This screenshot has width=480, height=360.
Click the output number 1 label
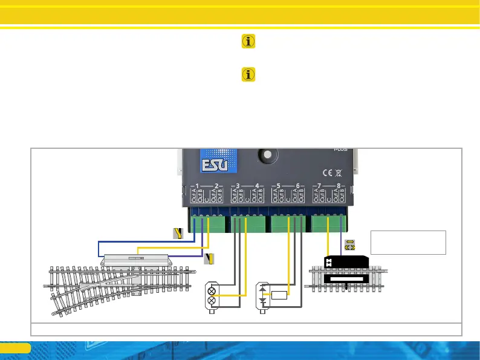pos(193,185)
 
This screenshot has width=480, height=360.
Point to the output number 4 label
pos(258,185)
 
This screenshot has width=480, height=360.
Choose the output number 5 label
pos(277,185)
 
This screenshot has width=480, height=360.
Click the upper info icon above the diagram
pos(248,41)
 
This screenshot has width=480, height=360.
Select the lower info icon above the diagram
pos(248,74)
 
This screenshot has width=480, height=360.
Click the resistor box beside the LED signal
pos(279,295)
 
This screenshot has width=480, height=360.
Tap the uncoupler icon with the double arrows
pos(349,245)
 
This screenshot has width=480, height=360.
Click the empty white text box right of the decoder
pos(408,242)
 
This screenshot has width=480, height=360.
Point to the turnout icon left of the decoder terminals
pos(178,234)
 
